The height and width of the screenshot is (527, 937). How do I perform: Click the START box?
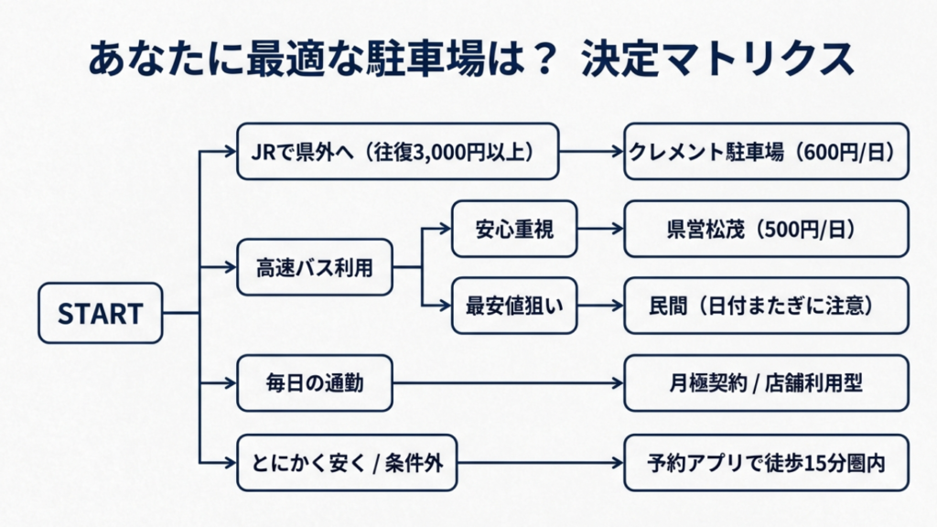coord(101,314)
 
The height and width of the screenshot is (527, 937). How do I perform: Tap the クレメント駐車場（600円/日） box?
coord(766,151)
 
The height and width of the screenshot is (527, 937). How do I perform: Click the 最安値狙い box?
coord(513,305)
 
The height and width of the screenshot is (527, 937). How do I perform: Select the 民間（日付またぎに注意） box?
coord(766,305)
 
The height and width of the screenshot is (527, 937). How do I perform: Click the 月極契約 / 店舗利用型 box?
coord(766,383)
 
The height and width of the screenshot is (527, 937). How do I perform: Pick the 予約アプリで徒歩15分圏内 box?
coord(766,462)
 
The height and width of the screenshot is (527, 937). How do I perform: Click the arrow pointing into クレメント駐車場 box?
coord(590,151)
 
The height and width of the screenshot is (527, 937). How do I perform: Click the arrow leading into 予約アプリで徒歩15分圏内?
coord(540,462)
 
